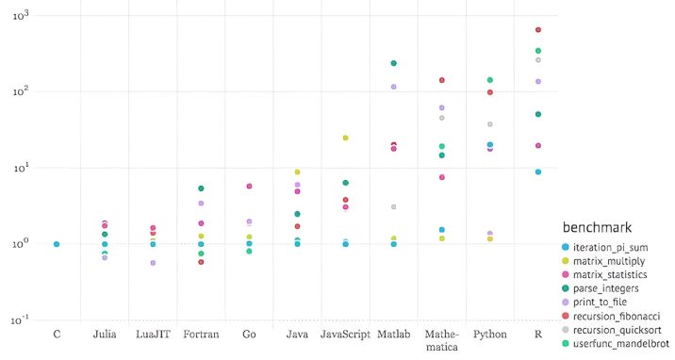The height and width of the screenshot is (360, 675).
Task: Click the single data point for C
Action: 57,244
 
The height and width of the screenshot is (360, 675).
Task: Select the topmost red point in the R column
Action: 538,30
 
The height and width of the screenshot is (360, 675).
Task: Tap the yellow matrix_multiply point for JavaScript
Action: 345,138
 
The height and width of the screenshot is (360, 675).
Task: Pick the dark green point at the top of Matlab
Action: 394,63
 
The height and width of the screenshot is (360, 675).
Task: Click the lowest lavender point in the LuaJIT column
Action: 153,263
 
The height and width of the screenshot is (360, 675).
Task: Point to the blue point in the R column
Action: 538,172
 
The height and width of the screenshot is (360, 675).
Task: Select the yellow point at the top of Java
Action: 297,172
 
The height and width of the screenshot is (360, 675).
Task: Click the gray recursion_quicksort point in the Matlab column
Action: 394,206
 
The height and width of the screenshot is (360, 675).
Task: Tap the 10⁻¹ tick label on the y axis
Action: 17,319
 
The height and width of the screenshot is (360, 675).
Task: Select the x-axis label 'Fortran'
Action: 201,335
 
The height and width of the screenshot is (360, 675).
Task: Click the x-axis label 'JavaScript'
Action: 344,335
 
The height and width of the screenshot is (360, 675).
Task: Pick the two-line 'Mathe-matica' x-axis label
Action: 441,340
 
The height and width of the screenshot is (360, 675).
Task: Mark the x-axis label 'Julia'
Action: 105,335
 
